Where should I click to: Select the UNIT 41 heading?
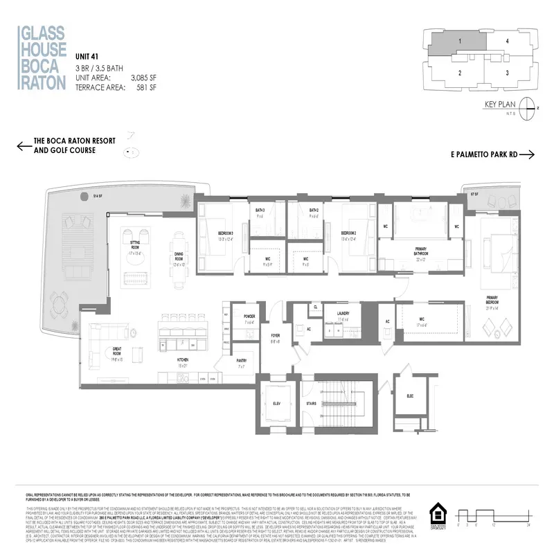(x=87, y=57)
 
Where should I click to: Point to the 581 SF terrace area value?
(x=146, y=88)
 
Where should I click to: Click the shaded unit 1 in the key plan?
(x=459, y=42)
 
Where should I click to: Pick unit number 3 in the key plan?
(x=508, y=72)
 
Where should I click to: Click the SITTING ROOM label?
(x=135, y=244)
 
